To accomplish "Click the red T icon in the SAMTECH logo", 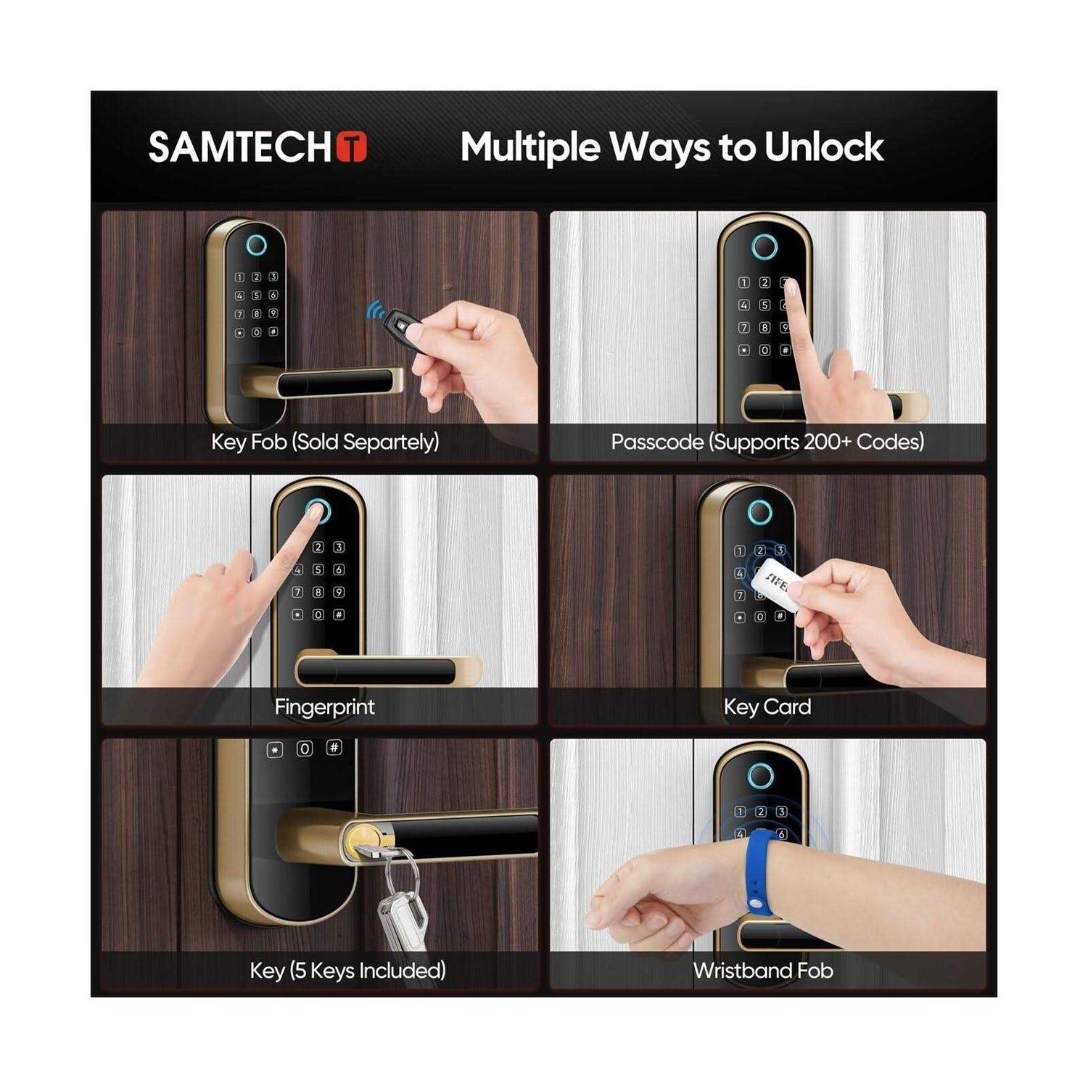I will pyautogui.click(x=352, y=147).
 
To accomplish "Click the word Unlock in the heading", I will pyautogui.click(x=823, y=147).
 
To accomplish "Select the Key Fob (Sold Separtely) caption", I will pyautogui.click(x=325, y=442).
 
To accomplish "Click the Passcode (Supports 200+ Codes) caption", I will pyautogui.click(x=767, y=442).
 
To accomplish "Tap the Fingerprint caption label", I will pyautogui.click(x=324, y=706).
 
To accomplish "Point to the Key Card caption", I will pyautogui.click(x=767, y=706).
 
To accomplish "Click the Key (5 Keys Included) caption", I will pyautogui.click(x=347, y=970).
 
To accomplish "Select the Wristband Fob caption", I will pyautogui.click(x=763, y=970).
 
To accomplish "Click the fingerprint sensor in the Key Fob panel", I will pyautogui.click(x=256, y=246).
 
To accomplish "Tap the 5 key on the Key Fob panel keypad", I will pyautogui.click(x=256, y=295).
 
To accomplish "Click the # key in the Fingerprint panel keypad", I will pyautogui.click(x=339, y=614).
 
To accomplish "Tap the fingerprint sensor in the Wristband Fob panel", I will pyautogui.click(x=760, y=775).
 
